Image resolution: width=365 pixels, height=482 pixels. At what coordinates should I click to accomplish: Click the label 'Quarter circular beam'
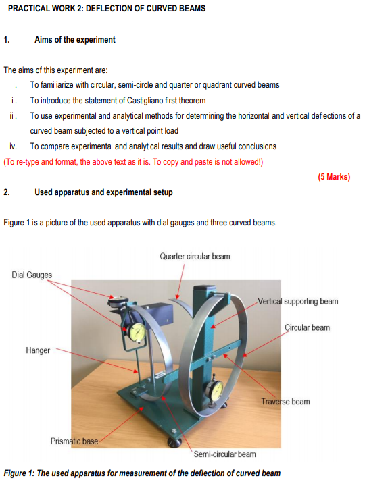[x=195, y=257]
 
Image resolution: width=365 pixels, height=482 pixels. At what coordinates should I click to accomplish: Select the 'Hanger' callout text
[x=38, y=350]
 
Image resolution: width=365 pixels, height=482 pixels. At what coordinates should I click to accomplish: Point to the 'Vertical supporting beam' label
[x=298, y=301]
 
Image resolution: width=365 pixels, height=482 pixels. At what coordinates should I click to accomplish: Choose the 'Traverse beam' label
[x=285, y=402]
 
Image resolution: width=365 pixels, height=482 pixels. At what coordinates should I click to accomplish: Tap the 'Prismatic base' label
[x=74, y=441]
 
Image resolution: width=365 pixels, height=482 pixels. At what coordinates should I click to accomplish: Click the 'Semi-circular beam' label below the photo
[x=225, y=454]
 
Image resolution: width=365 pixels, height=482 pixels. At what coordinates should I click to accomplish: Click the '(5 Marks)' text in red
[x=334, y=177]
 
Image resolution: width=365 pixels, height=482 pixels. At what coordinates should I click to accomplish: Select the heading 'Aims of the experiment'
[x=75, y=40]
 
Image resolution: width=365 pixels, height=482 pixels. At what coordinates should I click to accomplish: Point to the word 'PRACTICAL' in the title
[x=29, y=9]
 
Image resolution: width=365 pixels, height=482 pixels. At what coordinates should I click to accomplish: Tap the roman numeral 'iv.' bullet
[x=14, y=146]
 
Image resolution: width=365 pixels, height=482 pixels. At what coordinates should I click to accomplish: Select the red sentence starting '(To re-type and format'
[x=133, y=161]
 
